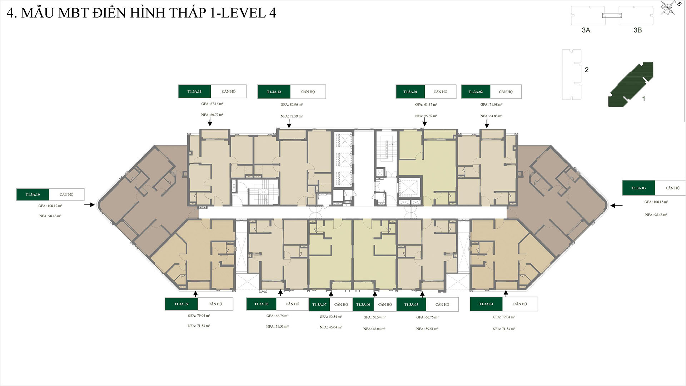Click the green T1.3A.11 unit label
click(194, 91)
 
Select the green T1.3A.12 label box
click(274, 92)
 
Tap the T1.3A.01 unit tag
click(410, 92)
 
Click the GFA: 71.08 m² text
click(491, 105)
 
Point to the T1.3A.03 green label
click(638, 188)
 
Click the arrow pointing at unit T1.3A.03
click(616, 206)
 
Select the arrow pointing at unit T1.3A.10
click(89, 205)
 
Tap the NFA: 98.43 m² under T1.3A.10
click(50, 216)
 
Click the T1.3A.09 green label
click(181, 304)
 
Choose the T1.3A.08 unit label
click(261, 304)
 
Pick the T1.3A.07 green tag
click(319, 305)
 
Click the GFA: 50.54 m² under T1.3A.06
click(374, 317)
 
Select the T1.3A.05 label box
click(411, 305)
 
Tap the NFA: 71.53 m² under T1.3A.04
click(503, 329)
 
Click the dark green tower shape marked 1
click(631, 84)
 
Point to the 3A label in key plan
click(586, 30)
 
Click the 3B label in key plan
click(637, 30)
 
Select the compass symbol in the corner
click(668, 8)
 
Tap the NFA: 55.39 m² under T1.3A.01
click(426, 116)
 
